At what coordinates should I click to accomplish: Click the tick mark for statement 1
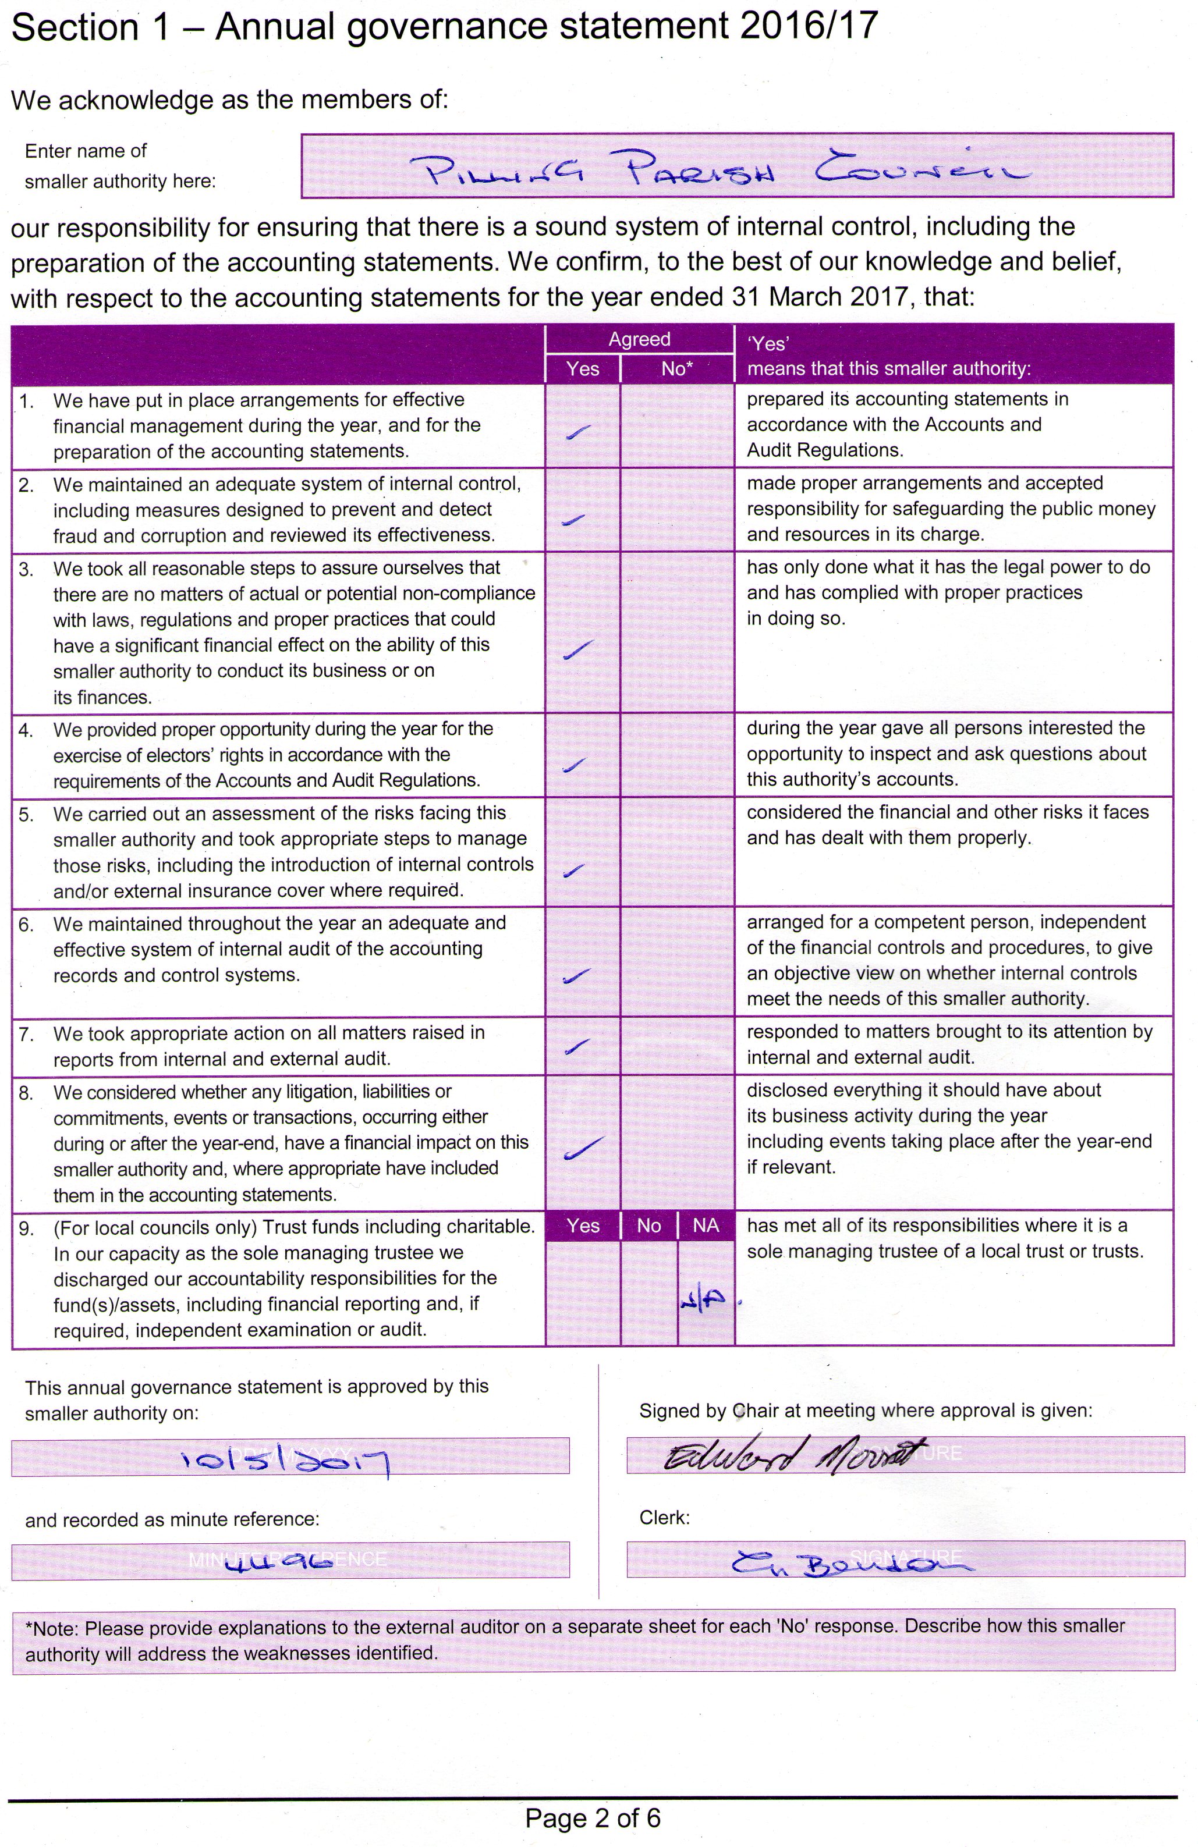click(579, 432)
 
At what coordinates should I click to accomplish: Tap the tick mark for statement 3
click(579, 649)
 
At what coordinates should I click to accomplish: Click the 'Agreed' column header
click(639, 339)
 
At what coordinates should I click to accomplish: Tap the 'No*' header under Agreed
click(676, 368)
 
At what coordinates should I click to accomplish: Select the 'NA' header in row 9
click(706, 1226)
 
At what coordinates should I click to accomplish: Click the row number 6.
click(26, 925)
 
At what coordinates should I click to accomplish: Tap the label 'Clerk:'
click(664, 1517)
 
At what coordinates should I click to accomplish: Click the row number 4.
click(26, 731)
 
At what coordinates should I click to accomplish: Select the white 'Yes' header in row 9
click(582, 1226)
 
